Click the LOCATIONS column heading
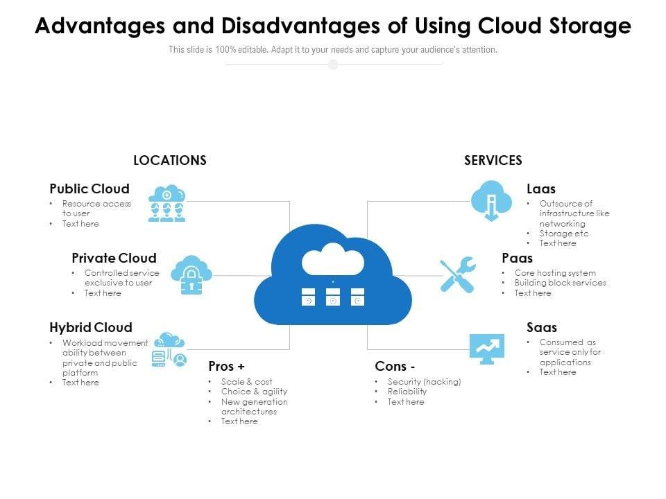[x=170, y=160]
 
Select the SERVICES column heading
[x=493, y=160]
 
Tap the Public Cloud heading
[x=89, y=189]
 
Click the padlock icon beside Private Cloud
[x=191, y=275]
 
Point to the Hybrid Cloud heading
[x=91, y=327]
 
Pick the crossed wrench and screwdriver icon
[x=458, y=274]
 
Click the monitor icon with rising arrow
[x=487, y=349]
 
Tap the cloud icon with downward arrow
[x=491, y=201]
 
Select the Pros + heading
[x=226, y=366]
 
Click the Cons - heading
[x=395, y=366]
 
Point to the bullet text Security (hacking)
[x=424, y=381]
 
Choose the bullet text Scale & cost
[x=246, y=381]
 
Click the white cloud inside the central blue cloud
[x=333, y=259]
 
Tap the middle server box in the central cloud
[x=333, y=297]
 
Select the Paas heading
[x=517, y=258]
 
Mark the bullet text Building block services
[x=561, y=283]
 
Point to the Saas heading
[x=542, y=327]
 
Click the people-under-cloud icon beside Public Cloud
[x=167, y=203]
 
